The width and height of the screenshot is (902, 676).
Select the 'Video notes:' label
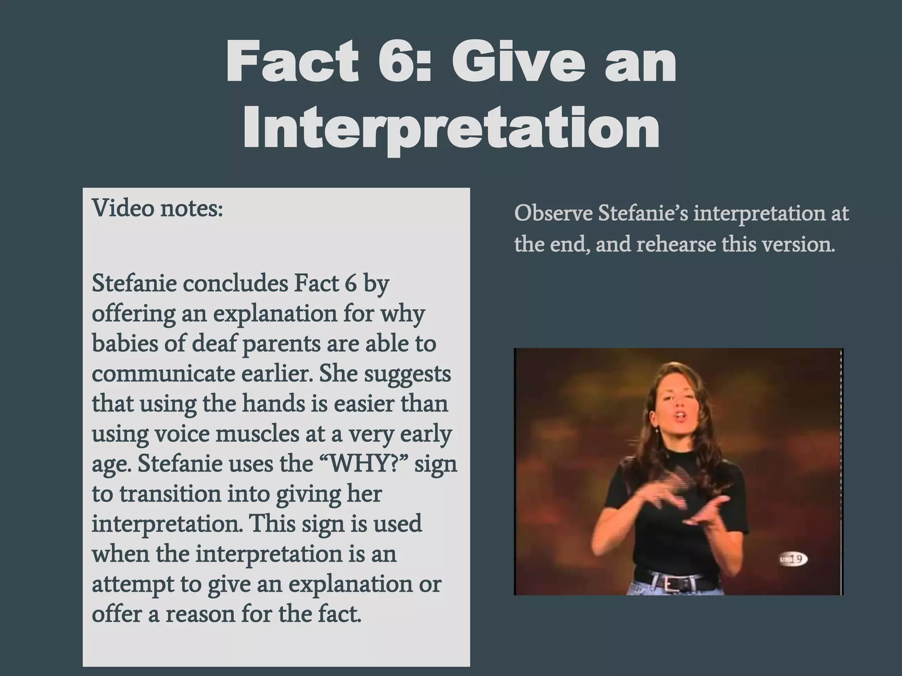coord(157,208)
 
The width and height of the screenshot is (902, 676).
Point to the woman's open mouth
coord(680,415)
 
